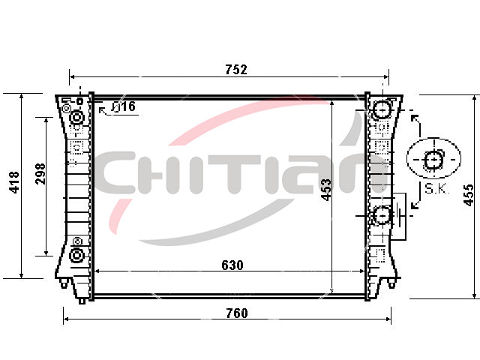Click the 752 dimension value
[x=236, y=70]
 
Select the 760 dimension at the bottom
[x=237, y=313]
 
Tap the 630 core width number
[x=232, y=265]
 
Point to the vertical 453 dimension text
[x=326, y=190]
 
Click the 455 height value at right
[x=469, y=195]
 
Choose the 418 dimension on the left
[x=14, y=182]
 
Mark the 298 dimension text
[x=40, y=173]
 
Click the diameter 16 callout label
[x=123, y=106]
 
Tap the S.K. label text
[x=436, y=189]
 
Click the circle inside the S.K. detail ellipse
[x=433, y=160]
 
